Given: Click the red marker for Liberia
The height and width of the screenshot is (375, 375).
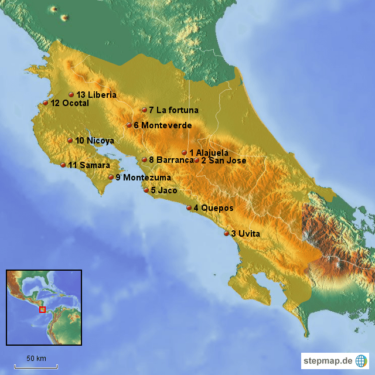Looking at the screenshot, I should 71,94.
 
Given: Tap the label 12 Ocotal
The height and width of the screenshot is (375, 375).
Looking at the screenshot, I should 70,103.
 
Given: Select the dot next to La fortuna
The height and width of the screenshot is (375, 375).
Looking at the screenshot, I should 144,110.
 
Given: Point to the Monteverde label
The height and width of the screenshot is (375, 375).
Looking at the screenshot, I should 162,125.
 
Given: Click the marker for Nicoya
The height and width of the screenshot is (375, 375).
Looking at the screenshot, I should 70,140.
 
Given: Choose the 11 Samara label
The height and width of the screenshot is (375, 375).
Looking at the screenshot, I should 89,165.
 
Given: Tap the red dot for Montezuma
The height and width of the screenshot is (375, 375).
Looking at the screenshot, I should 111,177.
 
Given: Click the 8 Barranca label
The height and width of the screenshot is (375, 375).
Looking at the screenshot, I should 171,159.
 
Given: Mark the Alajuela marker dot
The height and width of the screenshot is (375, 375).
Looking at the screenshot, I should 184,152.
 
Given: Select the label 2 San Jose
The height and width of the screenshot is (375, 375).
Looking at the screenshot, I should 223,160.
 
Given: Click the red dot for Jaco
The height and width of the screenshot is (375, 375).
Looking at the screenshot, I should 146,190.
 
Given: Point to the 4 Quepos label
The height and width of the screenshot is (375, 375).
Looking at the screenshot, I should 213,207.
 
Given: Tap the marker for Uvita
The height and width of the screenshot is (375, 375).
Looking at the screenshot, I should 226,233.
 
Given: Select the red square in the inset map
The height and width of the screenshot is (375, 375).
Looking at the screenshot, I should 42,309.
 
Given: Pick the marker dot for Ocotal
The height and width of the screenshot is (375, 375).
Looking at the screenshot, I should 45,103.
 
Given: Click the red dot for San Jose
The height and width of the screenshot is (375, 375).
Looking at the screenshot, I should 196,160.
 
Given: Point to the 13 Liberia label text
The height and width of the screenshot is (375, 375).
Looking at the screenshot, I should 96,94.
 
